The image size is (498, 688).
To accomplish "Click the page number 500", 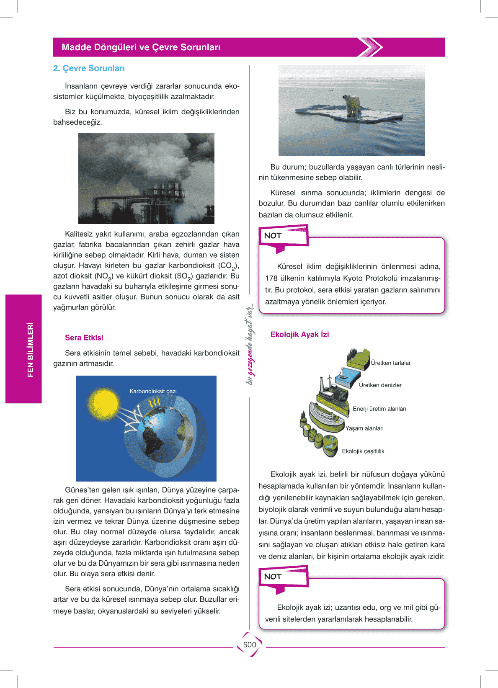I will (x=250, y=644).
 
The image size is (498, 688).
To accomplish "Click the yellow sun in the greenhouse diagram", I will (x=103, y=404).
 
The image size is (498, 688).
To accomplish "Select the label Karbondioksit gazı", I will (x=153, y=391).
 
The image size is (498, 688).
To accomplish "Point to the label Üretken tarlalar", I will (x=391, y=363).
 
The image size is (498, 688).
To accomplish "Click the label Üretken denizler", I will (x=380, y=385).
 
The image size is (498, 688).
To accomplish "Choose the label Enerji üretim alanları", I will (x=379, y=409).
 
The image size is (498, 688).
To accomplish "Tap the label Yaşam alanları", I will (x=364, y=428).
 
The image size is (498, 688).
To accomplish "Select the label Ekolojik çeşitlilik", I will (x=363, y=451).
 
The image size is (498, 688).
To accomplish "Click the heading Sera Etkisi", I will (x=84, y=338).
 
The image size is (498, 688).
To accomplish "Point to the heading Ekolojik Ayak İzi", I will (x=299, y=335).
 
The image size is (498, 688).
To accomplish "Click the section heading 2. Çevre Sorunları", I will (x=89, y=68).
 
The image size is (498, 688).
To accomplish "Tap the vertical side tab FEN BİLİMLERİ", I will (x=30, y=349).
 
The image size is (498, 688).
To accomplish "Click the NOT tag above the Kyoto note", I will (x=273, y=236).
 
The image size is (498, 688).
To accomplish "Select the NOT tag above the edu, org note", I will (x=273, y=577).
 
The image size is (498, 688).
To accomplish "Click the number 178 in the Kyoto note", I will (x=271, y=278).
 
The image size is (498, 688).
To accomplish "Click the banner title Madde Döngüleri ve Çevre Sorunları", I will (x=141, y=47).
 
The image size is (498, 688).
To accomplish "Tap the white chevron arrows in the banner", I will (x=371, y=47).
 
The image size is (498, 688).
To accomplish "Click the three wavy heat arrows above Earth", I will (x=155, y=402).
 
